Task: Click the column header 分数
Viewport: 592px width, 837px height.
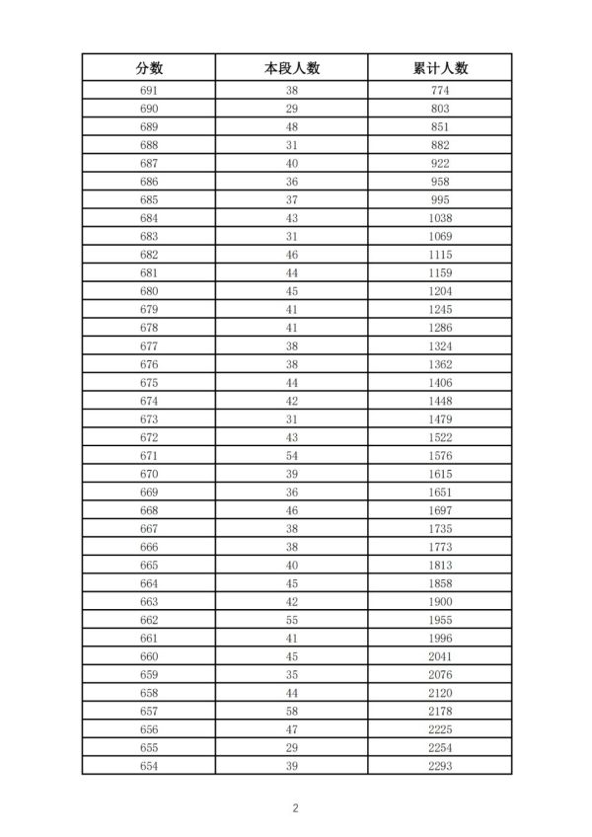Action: coord(149,67)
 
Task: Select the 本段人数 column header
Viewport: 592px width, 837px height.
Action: coord(292,67)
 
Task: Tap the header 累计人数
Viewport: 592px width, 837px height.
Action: coord(440,67)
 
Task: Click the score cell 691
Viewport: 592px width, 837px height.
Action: coord(149,90)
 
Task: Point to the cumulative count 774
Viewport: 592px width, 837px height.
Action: coord(440,90)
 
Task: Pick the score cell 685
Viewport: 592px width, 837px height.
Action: coord(149,199)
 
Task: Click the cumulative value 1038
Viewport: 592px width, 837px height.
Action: coord(440,218)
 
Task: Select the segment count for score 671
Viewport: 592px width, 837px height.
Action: coord(292,455)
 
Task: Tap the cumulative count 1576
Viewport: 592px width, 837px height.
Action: coord(440,455)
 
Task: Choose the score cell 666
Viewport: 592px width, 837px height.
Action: coord(149,546)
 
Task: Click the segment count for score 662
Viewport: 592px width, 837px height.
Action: coord(292,619)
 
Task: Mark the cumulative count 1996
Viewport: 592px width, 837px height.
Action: coord(440,638)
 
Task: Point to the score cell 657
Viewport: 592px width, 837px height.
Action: coord(149,711)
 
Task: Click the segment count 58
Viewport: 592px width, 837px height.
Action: coord(292,711)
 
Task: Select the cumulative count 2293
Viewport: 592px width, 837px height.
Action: coord(440,765)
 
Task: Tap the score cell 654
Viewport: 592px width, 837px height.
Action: coord(149,765)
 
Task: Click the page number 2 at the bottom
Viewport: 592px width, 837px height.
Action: coord(295,807)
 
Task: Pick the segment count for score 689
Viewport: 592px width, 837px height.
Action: coord(292,126)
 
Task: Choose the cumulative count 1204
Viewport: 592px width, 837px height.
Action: coord(440,291)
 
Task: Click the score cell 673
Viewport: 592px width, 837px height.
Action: coord(149,418)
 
